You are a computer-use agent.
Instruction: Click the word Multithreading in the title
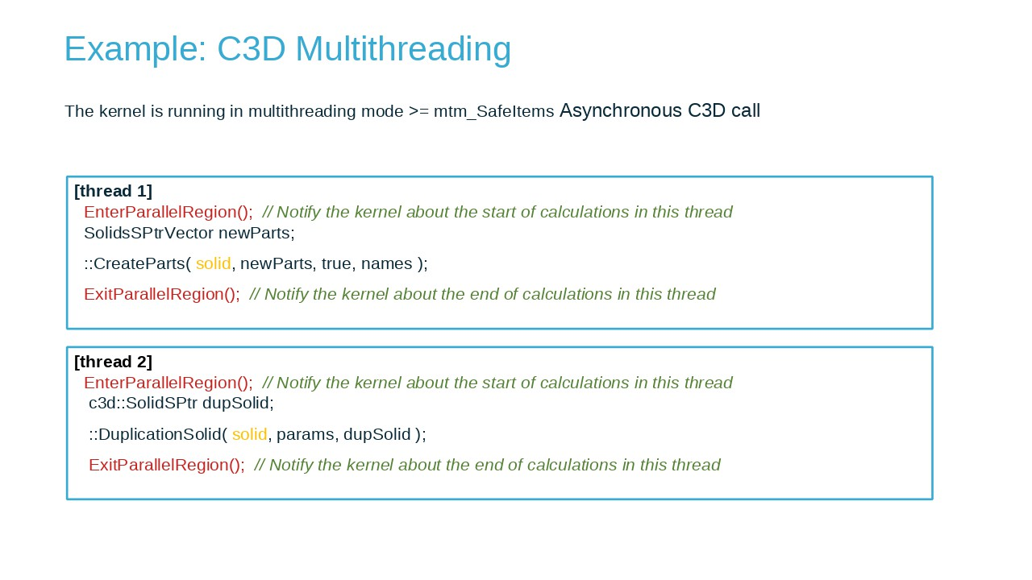tap(403, 50)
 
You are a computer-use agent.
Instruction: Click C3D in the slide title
tap(251, 48)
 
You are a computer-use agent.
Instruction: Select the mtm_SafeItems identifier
tap(494, 111)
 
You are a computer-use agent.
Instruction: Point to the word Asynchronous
tap(621, 110)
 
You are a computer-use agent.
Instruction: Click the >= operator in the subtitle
tap(418, 111)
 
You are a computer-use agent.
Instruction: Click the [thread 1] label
tap(114, 191)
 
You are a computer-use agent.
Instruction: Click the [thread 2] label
tap(114, 362)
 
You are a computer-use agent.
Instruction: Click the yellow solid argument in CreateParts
tap(214, 263)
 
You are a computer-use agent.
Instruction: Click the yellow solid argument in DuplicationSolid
tap(250, 434)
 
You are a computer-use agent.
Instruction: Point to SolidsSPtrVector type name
tap(149, 234)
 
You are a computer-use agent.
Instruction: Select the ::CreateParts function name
tap(135, 263)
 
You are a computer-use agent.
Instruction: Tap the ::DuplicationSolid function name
tap(156, 434)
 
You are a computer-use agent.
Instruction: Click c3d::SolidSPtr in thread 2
tap(143, 404)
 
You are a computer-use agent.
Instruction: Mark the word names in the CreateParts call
tap(386, 263)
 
